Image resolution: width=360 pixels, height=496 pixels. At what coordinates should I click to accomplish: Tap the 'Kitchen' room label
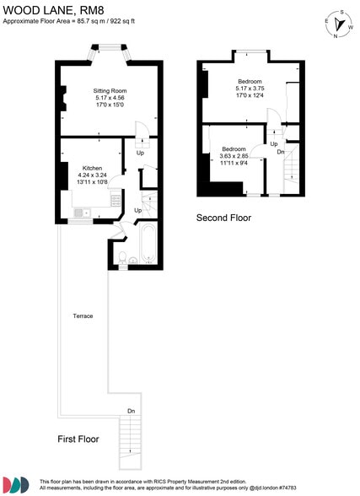point(93,168)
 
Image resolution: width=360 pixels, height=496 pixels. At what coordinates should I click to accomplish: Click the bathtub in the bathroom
point(148,242)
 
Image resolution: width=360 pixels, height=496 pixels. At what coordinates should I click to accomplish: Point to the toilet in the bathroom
point(123,257)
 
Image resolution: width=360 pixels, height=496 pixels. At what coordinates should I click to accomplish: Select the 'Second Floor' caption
point(223,218)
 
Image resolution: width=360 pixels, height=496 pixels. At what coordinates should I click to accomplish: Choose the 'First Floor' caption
point(78,439)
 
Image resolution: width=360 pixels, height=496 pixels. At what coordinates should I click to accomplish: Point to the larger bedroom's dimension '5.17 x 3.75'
point(250,89)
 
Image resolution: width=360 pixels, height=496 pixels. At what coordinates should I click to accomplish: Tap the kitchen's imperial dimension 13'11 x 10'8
point(93,182)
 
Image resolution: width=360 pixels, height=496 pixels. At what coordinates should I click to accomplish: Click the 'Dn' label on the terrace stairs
point(131,411)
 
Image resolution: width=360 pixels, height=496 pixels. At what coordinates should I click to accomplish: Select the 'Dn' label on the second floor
point(280,151)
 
